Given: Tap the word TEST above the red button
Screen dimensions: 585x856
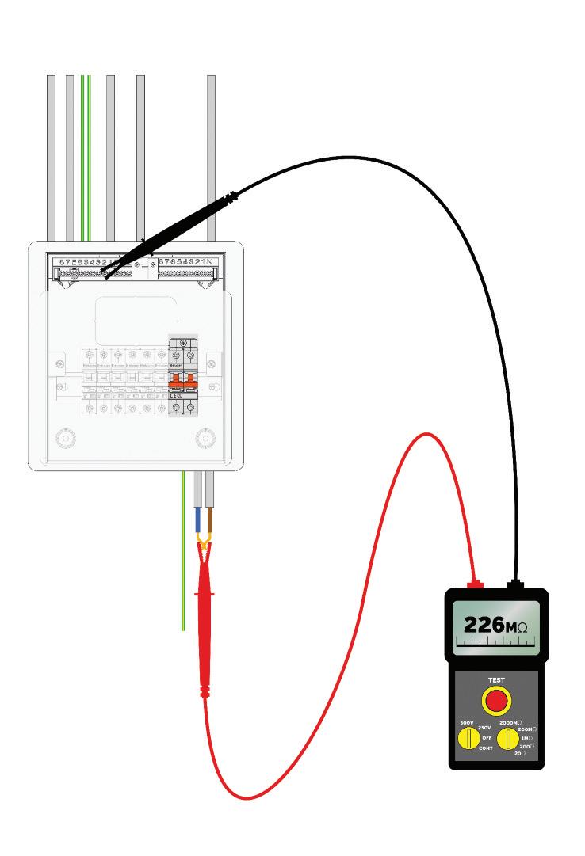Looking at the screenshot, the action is tap(496, 680).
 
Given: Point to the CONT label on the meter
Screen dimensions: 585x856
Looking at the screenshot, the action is tap(486, 748).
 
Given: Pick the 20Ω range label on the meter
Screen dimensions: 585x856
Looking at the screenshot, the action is tap(519, 753).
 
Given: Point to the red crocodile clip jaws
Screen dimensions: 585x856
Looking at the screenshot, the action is tap(205, 546).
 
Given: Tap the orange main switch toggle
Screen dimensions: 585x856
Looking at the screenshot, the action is tap(183, 378).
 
